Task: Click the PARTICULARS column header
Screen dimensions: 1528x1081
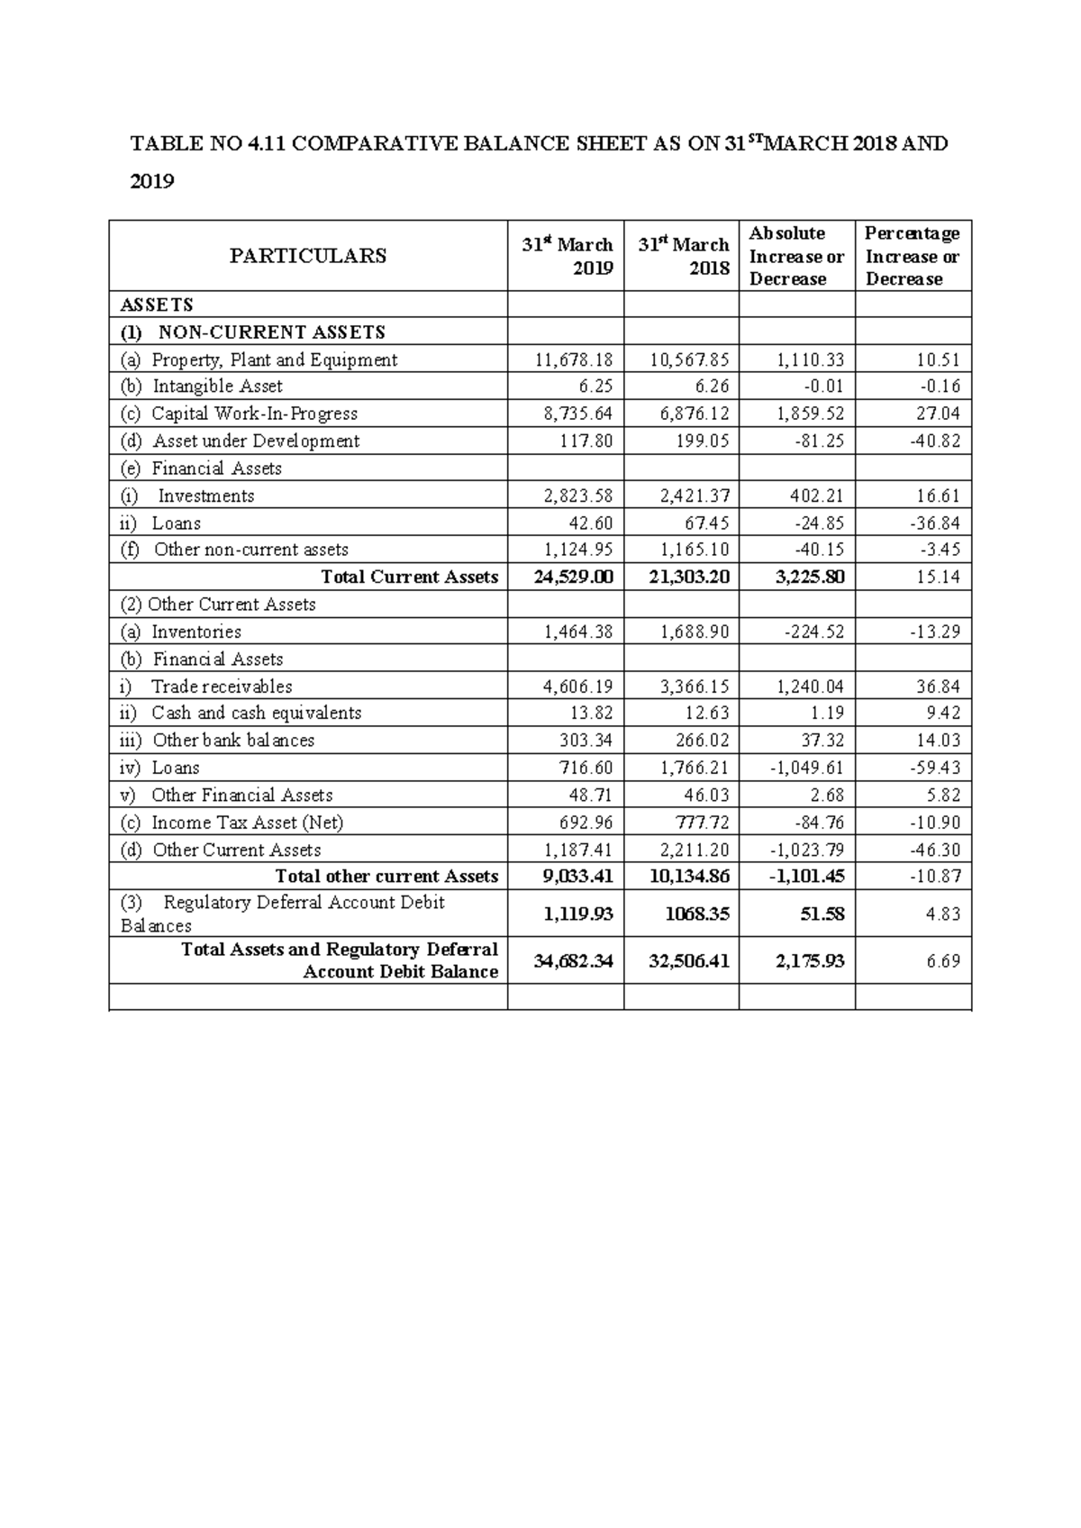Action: pos(307,256)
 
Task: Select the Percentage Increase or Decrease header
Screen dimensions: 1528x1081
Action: pos(912,256)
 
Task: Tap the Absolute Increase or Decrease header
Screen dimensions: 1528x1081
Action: pos(795,256)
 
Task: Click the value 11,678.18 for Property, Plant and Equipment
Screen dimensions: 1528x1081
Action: pos(573,359)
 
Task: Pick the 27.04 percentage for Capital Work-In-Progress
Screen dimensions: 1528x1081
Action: pos(938,414)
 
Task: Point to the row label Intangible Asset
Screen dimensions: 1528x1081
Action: pos(217,387)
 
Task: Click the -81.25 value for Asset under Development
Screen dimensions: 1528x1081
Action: pos(818,441)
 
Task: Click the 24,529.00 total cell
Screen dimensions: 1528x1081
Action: pos(573,577)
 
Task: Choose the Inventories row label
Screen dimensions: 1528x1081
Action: pos(195,632)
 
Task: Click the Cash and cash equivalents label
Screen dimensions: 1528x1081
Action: pos(256,713)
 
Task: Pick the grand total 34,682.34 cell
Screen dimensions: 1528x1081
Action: pos(573,961)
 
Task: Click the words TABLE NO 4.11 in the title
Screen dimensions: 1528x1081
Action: pos(207,143)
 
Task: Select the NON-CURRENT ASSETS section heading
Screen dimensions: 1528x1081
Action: pos(271,332)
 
